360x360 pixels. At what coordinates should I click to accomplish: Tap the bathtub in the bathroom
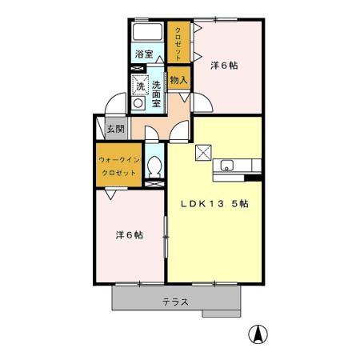click(x=146, y=34)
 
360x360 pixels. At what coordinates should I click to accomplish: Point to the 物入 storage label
click(x=179, y=80)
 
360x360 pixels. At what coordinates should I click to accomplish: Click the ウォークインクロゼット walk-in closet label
click(x=119, y=166)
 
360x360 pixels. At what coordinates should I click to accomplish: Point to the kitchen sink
click(x=226, y=166)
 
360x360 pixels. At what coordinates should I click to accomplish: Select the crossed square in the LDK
click(x=203, y=150)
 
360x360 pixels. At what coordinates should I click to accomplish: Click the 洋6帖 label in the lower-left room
click(x=129, y=235)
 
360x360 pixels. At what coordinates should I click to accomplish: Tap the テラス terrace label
click(x=175, y=302)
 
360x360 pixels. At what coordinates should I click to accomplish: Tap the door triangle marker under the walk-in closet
click(x=110, y=194)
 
